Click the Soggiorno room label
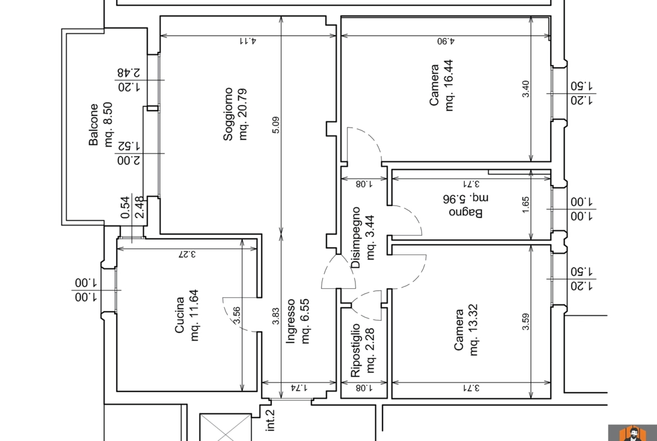tap(228, 114)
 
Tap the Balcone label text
tap(93, 125)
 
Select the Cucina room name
tap(179, 315)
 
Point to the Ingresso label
tap(290, 321)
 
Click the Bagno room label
tap(466, 212)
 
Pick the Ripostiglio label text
tap(355, 350)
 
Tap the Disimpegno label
tap(355, 237)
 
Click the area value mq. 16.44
tap(449, 85)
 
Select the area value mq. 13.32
tap(473, 330)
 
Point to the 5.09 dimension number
tap(275, 125)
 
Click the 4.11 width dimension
tap(248, 41)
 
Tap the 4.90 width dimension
tap(446, 41)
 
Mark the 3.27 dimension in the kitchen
tap(187, 254)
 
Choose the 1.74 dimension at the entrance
tap(299, 388)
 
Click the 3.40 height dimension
tap(526, 89)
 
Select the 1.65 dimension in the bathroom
tap(526, 205)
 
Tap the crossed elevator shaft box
tap(225, 427)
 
